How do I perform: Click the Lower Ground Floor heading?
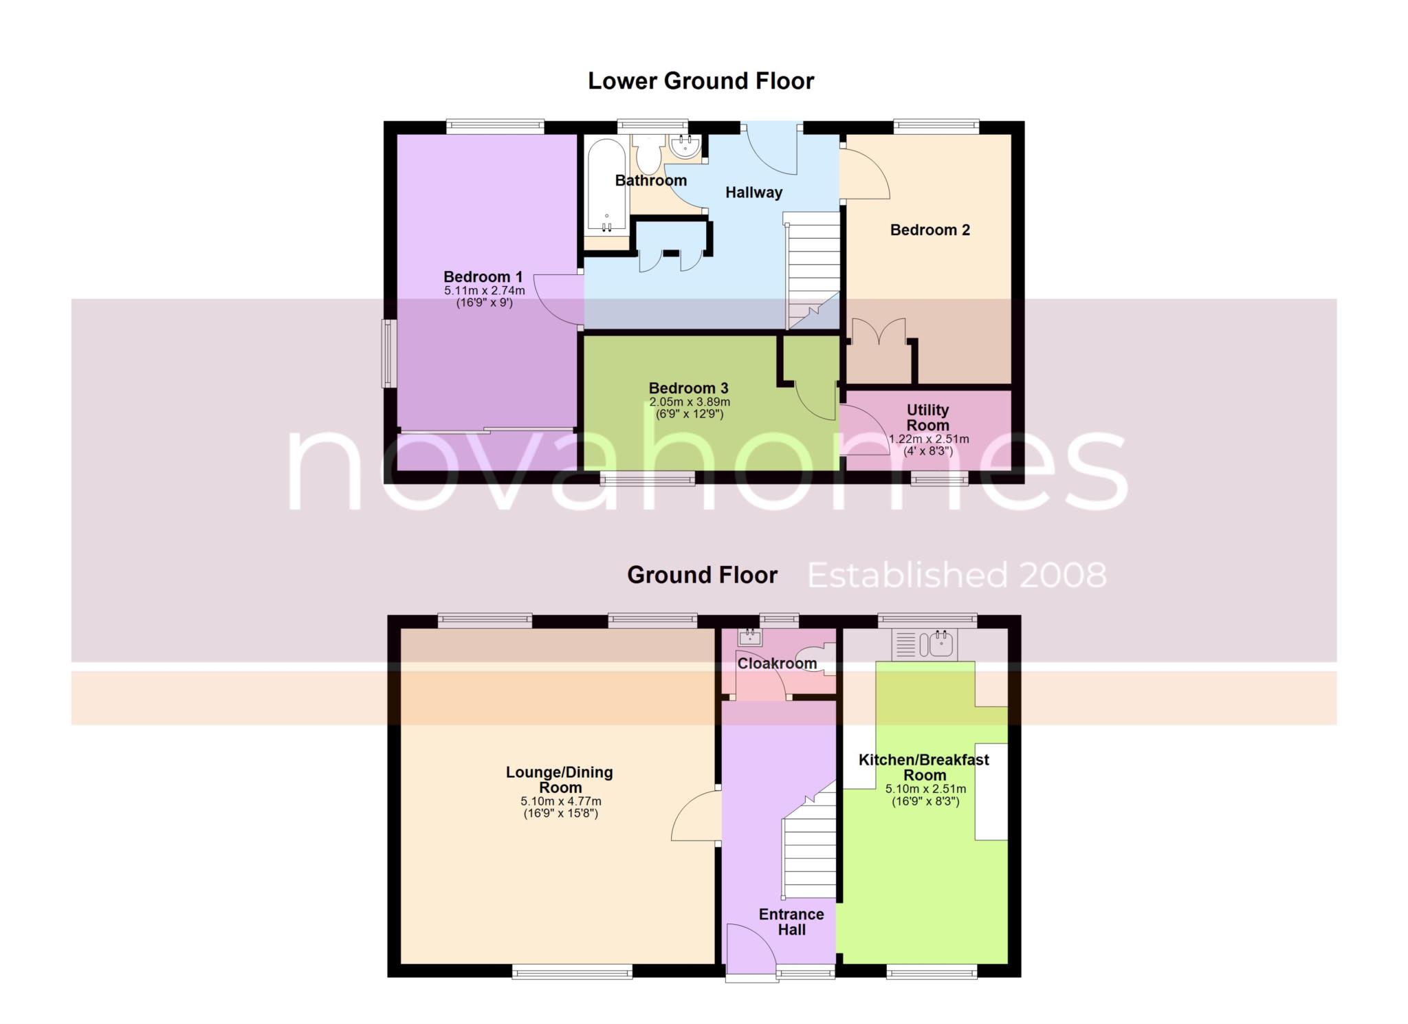click(x=701, y=81)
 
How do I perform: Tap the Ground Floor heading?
click(x=702, y=575)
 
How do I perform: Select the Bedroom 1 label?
click(x=483, y=277)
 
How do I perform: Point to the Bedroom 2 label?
click(x=929, y=230)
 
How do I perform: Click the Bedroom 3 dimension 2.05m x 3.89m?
click(x=690, y=402)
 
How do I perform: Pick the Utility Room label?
click(x=927, y=417)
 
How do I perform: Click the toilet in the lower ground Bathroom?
click(x=647, y=153)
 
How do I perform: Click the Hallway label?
click(x=753, y=193)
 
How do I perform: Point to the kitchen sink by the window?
click(x=923, y=644)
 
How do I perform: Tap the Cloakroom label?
click(x=777, y=664)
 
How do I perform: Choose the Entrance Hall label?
click(x=791, y=922)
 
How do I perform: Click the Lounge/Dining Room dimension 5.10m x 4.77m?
click(x=560, y=801)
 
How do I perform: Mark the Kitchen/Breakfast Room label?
click(x=925, y=767)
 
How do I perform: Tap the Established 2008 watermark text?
click(x=957, y=575)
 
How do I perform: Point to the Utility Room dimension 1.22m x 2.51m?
click(x=929, y=439)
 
